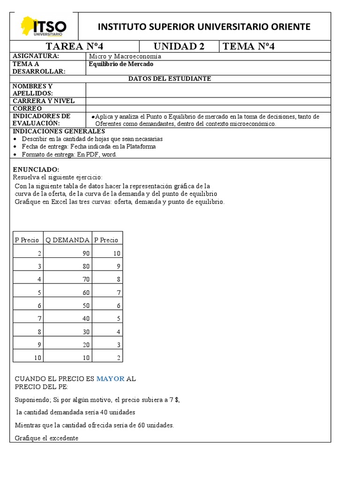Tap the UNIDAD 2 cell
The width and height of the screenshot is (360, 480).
point(180,46)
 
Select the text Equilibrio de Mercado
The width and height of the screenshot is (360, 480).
point(121,64)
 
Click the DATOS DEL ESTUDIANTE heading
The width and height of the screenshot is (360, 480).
point(170,78)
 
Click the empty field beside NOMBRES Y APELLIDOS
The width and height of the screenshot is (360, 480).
point(208,90)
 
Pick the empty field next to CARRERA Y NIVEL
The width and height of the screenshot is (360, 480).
point(208,101)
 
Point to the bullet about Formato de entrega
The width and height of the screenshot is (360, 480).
point(69,154)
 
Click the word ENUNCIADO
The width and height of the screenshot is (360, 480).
point(36,169)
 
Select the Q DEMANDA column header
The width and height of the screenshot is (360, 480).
point(67,240)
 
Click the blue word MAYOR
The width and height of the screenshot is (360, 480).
point(111,379)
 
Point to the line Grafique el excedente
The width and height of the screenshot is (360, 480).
point(46,438)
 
